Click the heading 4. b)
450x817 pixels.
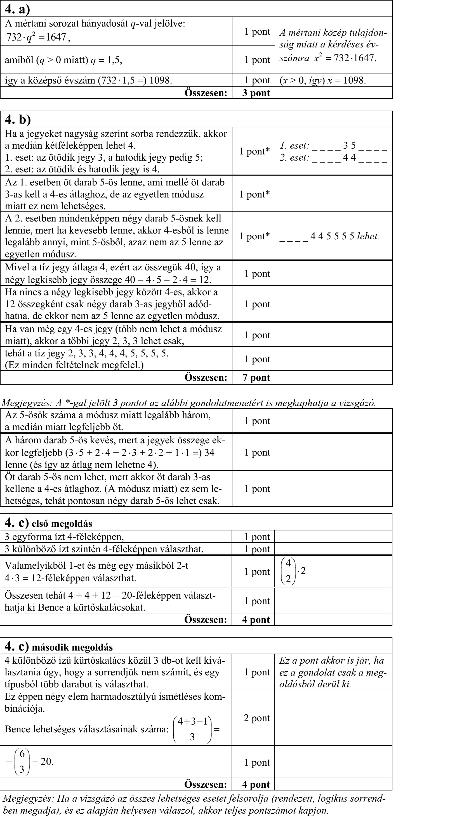tap(18, 120)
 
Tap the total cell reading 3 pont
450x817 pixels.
tap(256, 93)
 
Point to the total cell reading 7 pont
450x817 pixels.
tap(256, 377)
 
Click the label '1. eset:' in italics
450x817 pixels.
tap(294, 146)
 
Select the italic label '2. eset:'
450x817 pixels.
tap(294, 158)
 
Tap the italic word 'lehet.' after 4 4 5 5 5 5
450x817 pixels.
tap(368, 236)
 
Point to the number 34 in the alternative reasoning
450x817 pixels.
tap(209, 452)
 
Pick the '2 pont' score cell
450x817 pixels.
tap(256, 709)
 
